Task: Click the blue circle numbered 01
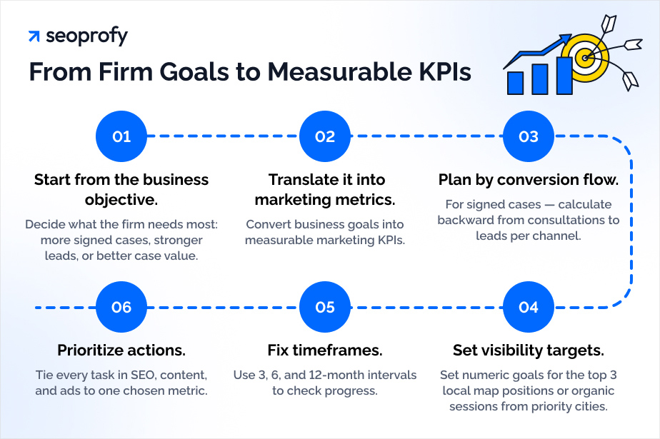pyautogui.click(x=121, y=136)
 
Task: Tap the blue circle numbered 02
pyautogui.click(x=325, y=136)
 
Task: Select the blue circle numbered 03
pyautogui.click(x=529, y=136)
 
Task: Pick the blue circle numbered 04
pyautogui.click(x=529, y=307)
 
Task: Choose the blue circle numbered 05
pyautogui.click(x=325, y=307)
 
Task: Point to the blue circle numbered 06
pyautogui.click(x=121, y=307)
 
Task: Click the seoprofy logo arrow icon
pyautogui.click(x=34, y=36)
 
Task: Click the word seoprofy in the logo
pyautogui.click(x=86, y=36)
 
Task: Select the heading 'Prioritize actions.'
pyautogui.click(x=121, y=350)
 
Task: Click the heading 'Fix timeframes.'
pyautogui.click(x=325, y=350)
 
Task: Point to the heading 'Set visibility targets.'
pyautogui.click(x=529, y=350)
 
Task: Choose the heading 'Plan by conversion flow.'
pyautogui.click(x=529, y=179)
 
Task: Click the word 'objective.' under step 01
pyautogui.click(x=122, y=198)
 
